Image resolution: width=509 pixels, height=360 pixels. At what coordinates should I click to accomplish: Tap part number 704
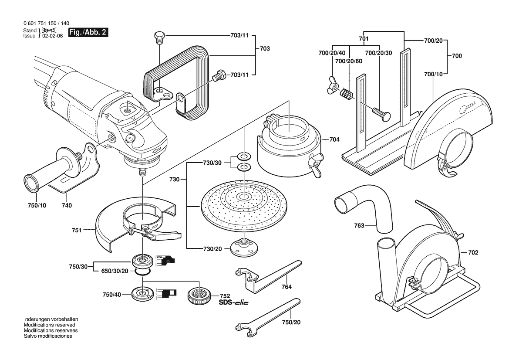point(334,140)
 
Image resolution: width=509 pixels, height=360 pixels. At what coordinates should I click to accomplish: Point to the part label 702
point(473,252)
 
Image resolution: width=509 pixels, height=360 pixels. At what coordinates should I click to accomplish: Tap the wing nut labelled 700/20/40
point(331,85)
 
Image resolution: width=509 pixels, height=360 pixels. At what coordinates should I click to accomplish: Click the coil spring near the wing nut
point(346,93)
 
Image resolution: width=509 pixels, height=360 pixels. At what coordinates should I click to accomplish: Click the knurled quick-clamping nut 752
point(200,296)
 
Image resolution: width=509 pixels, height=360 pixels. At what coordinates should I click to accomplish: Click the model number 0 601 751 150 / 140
point(46,24)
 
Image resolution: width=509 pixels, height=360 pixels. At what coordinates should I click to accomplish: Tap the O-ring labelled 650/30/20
point(142,272)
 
